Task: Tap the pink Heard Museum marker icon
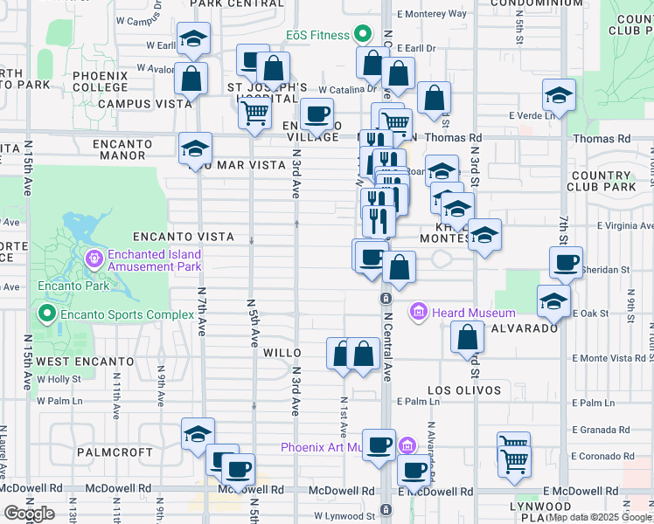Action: coord(418,312)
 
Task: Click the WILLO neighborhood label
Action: coord(282,354)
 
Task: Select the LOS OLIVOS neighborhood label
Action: coord(464,390)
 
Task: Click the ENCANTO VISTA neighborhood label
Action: coord(183,237)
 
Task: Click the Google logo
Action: coord(29,514)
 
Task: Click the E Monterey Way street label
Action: coord(431,13)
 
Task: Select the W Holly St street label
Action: coord(58,379)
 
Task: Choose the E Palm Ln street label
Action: coord(416,402)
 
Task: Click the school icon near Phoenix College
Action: coord(193,38)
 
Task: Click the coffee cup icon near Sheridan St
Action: coord(566,263)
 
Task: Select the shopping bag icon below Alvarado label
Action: coord(468,337)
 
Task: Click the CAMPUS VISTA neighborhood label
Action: coord(144,103)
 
